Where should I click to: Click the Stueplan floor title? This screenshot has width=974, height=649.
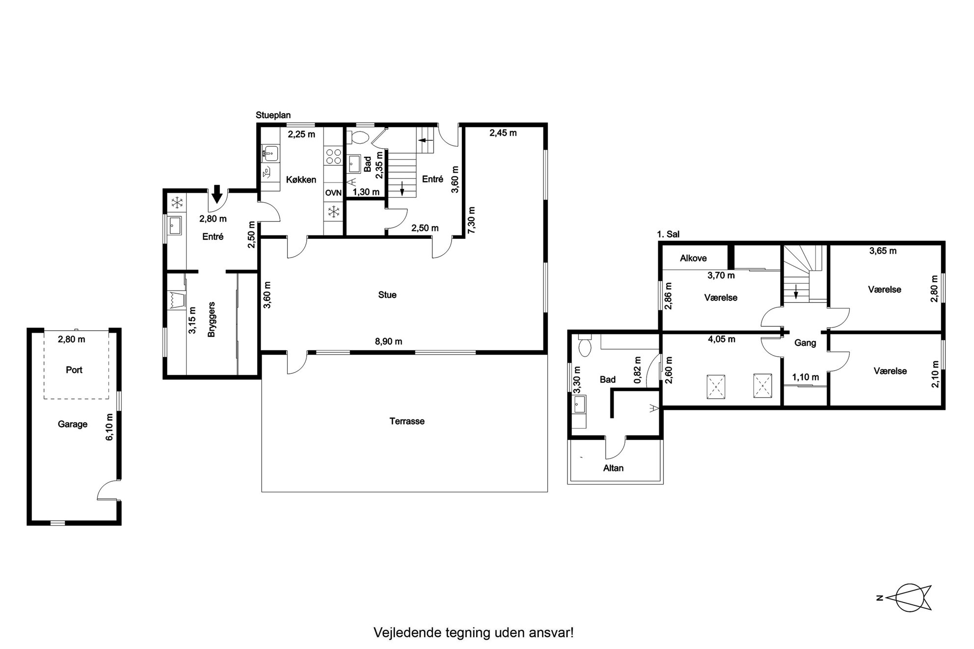pyautogui.click(x=273, y=115)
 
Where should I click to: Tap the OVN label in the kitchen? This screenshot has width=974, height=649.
pyautogui.click(x=333, y=193)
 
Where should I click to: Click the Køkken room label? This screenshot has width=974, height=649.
pyautogui.click(x=301, y=180)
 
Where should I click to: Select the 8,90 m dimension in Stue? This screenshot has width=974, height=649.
pyautogui.click(x=388, y=341)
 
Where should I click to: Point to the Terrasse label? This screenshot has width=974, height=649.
pyautogui.click(x=407, y=421)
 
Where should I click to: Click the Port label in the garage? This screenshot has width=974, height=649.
pyautogui.click(x=74, y=370)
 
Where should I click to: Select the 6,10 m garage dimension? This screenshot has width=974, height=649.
pyautogui.click(x=109, y=427)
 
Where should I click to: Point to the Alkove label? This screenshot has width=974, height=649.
pyautogui.click(x=693, y=258)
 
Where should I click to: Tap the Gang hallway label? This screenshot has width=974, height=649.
pyautogui.click(x=805, y=343)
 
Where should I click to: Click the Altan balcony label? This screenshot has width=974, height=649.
pyautogui.click(x=613, y=468)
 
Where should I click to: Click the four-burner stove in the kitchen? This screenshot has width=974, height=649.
pyautogui.click(x=334, y=156)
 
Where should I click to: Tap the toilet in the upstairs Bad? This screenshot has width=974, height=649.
pyautogui.click(x=585, y=345)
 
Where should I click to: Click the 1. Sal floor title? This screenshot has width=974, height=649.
pyautogui.click(x=669, y=234)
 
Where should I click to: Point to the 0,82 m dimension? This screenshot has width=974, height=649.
pyautogui.click(x=638, y=370)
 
